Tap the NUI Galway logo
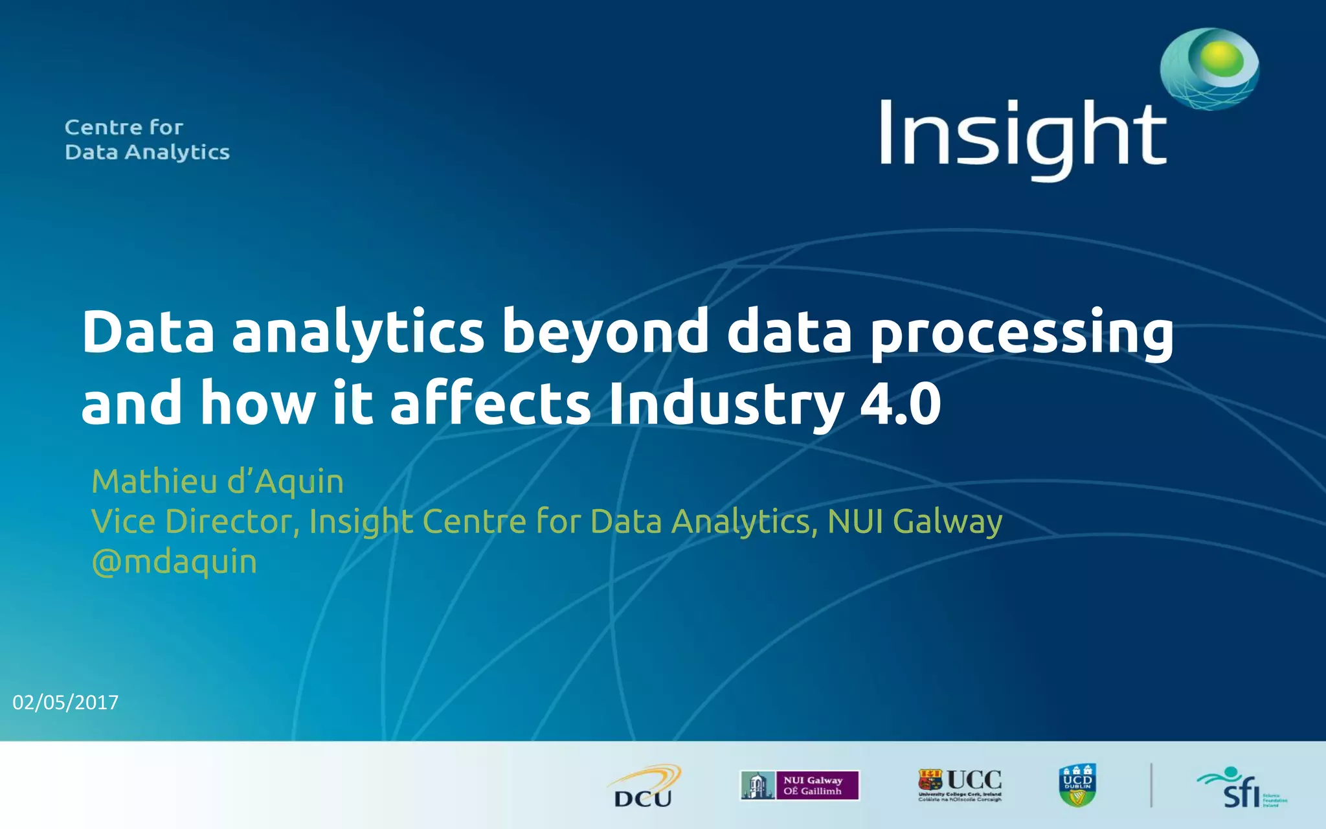click(800, 786)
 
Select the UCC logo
click(960, 785)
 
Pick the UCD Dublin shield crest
click(1077, 786)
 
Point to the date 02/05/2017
click(65, 703)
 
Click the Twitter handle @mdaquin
click(174, 562)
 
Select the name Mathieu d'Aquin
click(218, 482)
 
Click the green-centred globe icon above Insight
click(1209, 68)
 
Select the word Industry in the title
click(726, 405)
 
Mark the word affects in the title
click(491, 403)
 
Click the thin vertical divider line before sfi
click(1151, 786)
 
